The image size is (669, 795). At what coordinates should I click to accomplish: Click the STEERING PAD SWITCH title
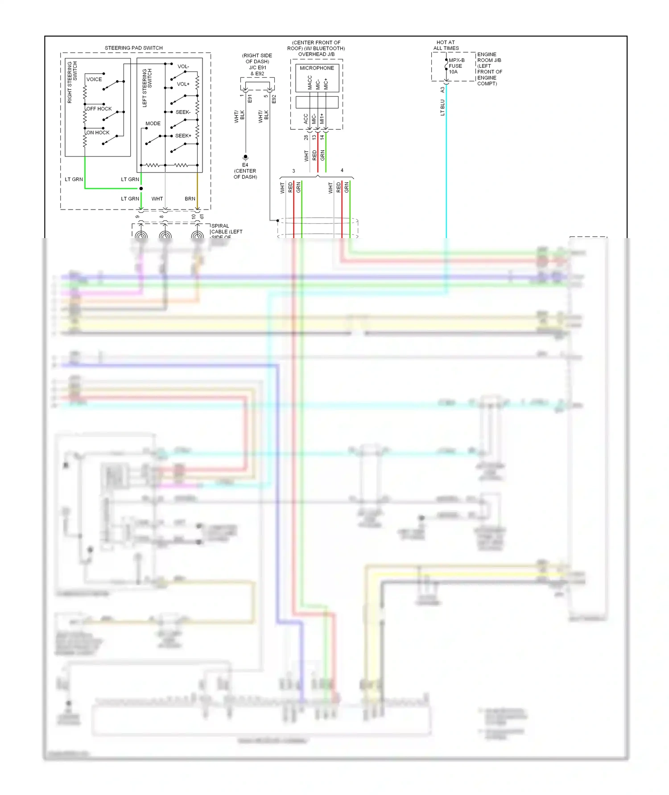point(133,48)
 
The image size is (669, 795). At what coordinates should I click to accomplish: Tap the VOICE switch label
point(94,79)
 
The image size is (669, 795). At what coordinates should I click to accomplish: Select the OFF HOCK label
point(99,109)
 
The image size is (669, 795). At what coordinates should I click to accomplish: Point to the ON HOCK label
point(98,132)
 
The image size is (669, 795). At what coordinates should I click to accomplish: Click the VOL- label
point(183,66)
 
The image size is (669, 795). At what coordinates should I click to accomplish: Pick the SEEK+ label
point(183,136)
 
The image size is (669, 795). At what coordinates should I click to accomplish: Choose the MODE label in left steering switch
point(153,124)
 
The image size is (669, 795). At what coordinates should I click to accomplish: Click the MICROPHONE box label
point(317,68)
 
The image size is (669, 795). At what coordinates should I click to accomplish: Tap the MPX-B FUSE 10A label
point(456,66)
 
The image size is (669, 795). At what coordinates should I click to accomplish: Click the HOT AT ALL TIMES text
point(446,45)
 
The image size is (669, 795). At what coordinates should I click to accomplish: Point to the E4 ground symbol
point(245,157)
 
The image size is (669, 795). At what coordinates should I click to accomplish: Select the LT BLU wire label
point(442,107)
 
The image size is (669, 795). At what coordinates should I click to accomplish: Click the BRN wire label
point(190,198)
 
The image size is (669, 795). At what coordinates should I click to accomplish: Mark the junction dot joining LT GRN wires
point(141,189)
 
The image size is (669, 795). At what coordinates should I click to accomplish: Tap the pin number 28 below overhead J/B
point(306,137)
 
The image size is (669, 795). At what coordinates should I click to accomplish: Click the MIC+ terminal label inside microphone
point(326,83)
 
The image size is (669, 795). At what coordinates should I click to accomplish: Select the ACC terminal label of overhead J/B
point(306,119)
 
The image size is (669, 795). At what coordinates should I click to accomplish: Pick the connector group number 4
point(342,170)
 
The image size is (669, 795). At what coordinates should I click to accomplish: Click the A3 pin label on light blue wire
point(442,90)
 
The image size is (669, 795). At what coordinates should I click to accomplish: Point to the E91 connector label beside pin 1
point(250,99)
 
